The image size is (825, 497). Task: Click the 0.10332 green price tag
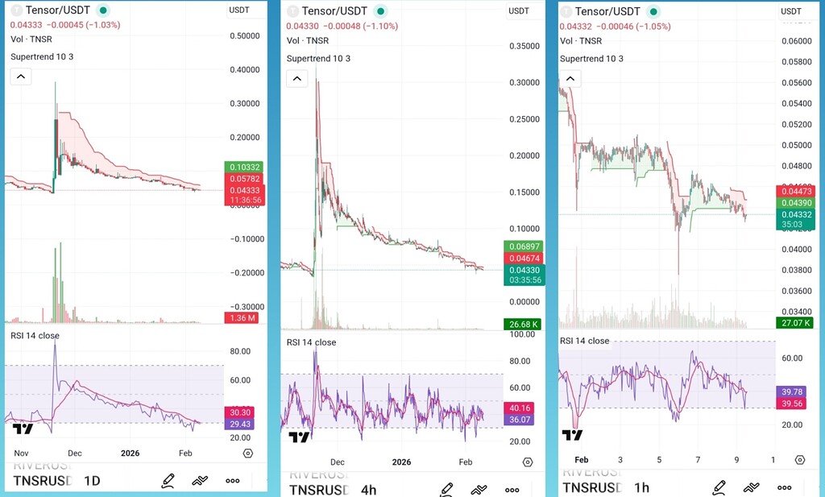click(245, 167)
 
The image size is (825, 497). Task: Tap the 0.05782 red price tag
click(245, 178)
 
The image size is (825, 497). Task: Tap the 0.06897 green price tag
click(522, 246)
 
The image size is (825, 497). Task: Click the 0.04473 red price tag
click(796, 191)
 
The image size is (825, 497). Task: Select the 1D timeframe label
click(93, 481)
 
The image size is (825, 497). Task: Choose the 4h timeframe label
click(368, 490)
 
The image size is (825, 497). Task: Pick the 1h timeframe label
click(641, 487)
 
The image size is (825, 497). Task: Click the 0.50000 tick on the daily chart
click(244, 36)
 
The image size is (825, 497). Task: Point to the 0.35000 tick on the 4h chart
click(524, 47)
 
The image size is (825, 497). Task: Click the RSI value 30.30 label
click(241, 412)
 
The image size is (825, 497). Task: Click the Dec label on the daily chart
click(75, 454)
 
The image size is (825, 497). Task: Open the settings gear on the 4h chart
click(528, 462)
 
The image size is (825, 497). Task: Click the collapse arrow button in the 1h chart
click(570, 79)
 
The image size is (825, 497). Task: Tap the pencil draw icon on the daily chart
click(168, 481)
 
